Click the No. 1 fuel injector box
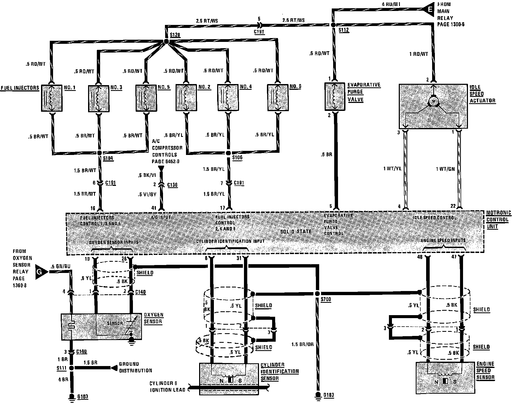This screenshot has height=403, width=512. pyautogui.click(x=52, y=98)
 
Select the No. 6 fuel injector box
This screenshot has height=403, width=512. pyautogui.click(x=278, y=98)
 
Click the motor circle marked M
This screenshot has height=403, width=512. pyautogui.click(x=433, y=102)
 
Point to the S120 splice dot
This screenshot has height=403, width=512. pyautogui.click(x=166, y=41)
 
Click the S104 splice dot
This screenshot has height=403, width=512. pyautogui.click(x=99, y=152)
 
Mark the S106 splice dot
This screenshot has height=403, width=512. pyautogui.click(x=229, y=152)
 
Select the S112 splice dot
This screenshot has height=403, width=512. pyautogui.click(x=333, y=25)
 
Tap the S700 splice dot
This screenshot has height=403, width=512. pyautogui.click(x=317, y=293)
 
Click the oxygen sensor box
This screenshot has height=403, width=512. pyautogui.click(x=101, y=327)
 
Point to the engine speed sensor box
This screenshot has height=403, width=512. pyautogui.click(x=445, y=378)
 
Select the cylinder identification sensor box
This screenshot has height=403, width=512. pyautogui.click(x=229, y=379)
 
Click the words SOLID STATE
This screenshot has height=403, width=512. pyautogui.click(x=296, y=232)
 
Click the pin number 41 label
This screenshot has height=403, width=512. pyautogui.click(x=154, y=208)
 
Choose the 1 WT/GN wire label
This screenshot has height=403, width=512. pyautogui.click(x=445, y=169)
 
